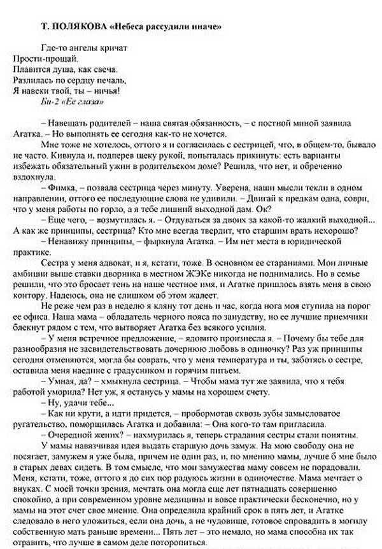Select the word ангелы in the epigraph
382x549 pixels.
(x=82, y=48)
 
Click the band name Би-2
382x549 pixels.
(x=48, y=102)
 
